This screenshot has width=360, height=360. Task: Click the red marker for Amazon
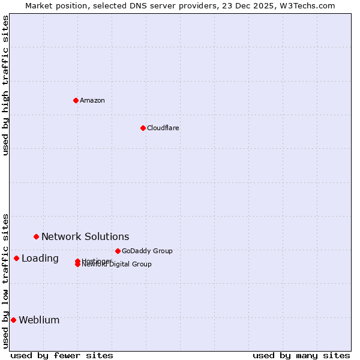pyautogui.click(x=76, y=100)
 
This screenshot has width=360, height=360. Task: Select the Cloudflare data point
pyautogui.click(x=143, y=128)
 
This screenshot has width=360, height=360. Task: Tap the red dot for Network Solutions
pyautogui.click(x=36, y=236)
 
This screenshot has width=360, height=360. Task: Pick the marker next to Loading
pyautogui.click(x=16, y=258)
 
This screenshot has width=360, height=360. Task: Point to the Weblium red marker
pyautogui.click(x=13, y=320)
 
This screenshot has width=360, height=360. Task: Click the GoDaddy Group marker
pyautogui.click(x=118, y=251)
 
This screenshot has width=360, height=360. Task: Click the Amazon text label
pyautogui.click(x=92, y=100)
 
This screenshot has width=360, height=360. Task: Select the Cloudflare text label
pyautogui.click(x=163, y=128)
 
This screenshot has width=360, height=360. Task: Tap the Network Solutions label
pyautogui.click(x=85, y=236)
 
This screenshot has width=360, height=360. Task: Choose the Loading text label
pyautogui.click(x=40, y=258)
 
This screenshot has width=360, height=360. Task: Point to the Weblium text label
pyautogui.click(x=39, y=320)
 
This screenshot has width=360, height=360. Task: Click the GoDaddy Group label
pyautogui.click(x=147, y=251)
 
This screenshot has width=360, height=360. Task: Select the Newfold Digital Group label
pyautogui.click(x=117, y=265)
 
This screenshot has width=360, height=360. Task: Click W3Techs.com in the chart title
pyautogui.click(x=305, y=5)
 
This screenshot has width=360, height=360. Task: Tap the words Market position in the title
pyautogui.click(x=53, y=5)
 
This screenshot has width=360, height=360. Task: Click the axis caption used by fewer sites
pyautogui.click(x=62, y=355)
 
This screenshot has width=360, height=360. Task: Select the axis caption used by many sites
pyautogui.click(x=301, y=355)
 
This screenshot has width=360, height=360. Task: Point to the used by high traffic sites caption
pyautogui.click(x=5, y=85)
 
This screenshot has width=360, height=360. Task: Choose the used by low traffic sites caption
pyautogui.click(x=5, y=281)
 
